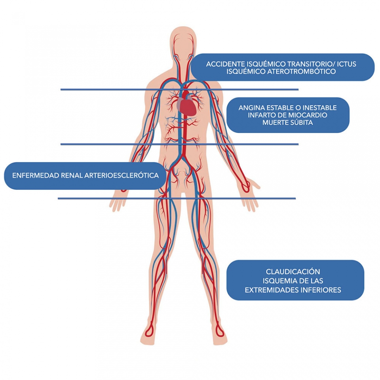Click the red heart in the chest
(x=189, y=104)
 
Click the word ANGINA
(x=251, y=108)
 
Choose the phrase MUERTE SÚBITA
(x=288, y=123)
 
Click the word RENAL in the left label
(x=70, y=175)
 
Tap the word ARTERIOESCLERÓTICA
(x=122, y=175)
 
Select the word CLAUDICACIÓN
(x=293, y=272)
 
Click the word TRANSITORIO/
(x=312, y=64)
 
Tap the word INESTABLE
(x=317, y=108)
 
